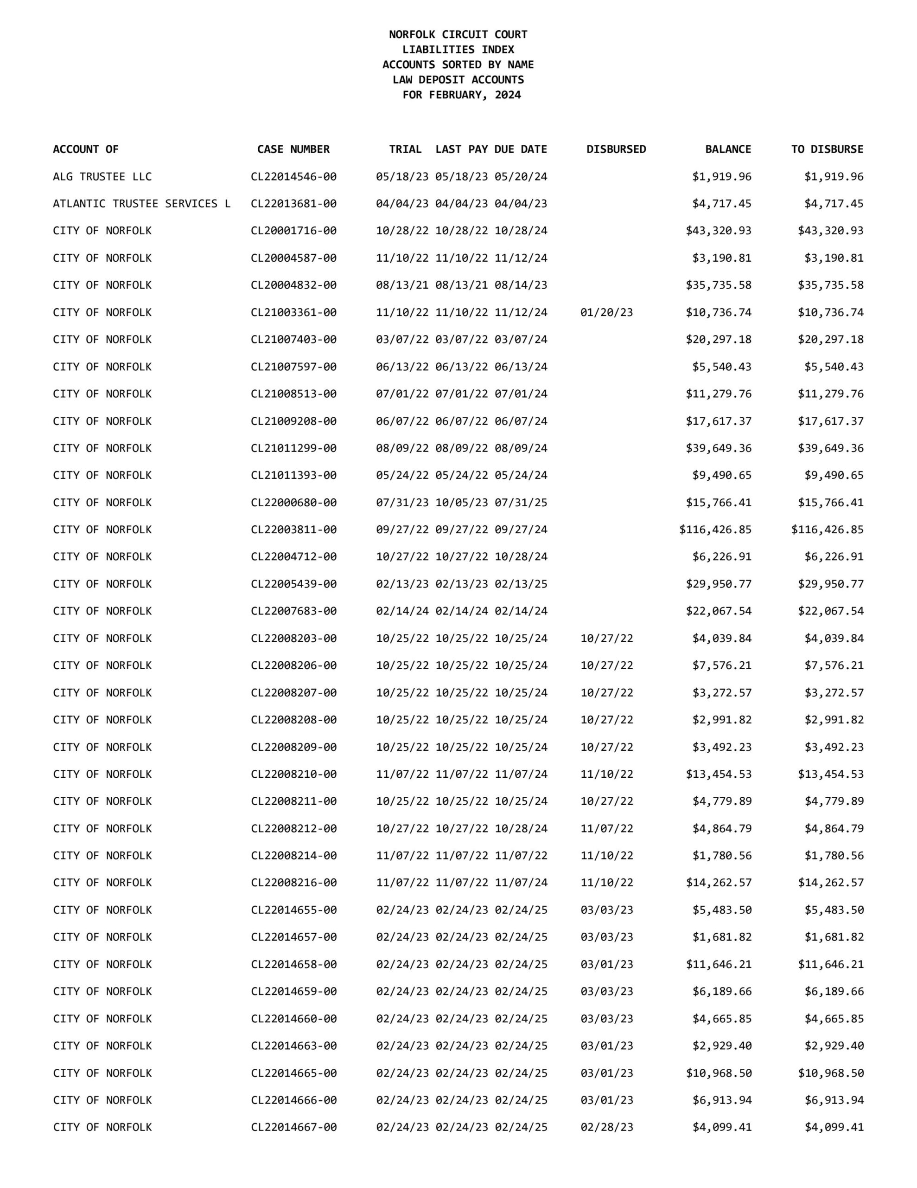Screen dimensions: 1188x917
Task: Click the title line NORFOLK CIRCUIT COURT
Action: point(458,34)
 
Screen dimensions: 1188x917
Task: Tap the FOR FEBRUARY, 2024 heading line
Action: point(461,95)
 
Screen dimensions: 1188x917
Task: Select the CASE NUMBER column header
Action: point(293,149)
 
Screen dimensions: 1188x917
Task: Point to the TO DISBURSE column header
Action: point(827,149)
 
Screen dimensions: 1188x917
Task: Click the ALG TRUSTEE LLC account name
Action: point(102,176)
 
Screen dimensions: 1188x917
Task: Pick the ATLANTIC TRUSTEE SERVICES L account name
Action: point(141,203)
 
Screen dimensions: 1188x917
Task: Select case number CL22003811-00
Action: point(293,529)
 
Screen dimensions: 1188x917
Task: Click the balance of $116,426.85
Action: point(715,529)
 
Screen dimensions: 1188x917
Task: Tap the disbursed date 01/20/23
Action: point(607,312)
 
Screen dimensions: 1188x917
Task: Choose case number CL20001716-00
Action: point(293,231)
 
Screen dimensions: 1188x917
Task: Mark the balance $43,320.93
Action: point(718,231)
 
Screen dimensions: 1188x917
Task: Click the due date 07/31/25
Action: point(521,502)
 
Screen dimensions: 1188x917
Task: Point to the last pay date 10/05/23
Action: point(461,502)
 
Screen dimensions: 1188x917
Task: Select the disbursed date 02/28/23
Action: point(607,1127)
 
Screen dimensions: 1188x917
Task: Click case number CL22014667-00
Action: point(293,1127)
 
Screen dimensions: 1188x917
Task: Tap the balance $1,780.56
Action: point(721,855)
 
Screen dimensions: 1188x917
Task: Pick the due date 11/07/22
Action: point(521,855)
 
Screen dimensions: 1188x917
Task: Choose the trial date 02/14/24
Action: point(402,611)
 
